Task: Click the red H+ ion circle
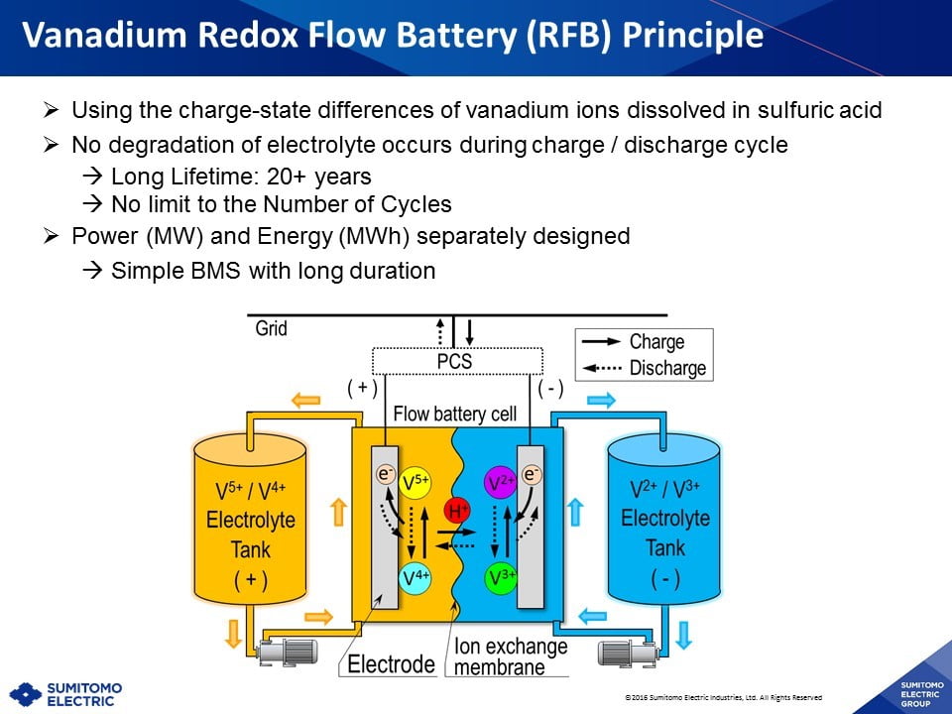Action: [457, 512]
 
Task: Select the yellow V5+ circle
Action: [416, 483]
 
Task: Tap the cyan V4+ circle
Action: [416, 578]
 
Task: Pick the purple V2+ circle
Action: [501, 483]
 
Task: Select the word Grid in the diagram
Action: [271, 328]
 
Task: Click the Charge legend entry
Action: [656, 342]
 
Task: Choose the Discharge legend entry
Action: [667, 368]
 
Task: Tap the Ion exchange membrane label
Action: [511, 656]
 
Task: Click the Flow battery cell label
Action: [455, 414]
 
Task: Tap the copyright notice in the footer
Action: [723, 697]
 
